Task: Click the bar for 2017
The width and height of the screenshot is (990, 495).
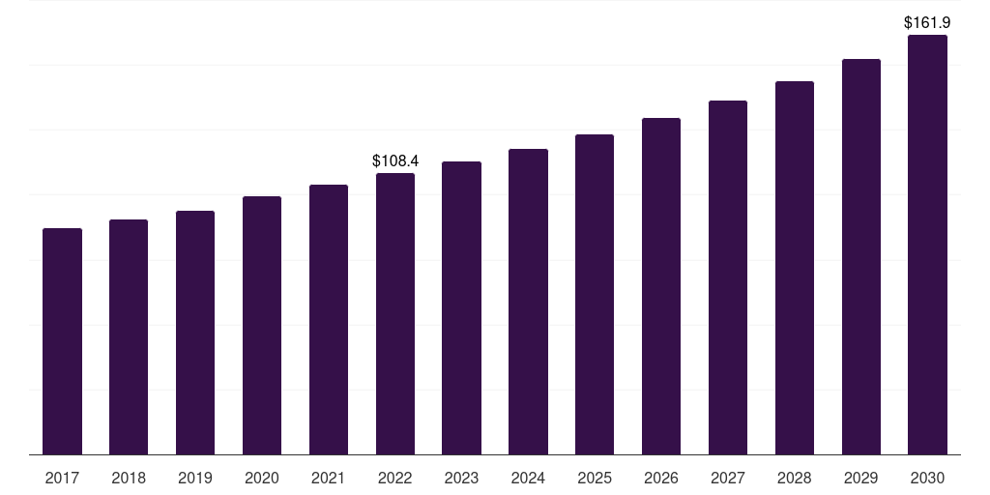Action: (x=62, y=341)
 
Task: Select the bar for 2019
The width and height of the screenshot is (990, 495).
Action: (x=195, y=333)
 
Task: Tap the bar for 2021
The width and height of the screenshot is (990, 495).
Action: (x=329, y=319)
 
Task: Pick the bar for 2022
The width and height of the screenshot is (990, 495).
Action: (x=395, y=314)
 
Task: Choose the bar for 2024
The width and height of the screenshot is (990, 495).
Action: (x=529, y=302)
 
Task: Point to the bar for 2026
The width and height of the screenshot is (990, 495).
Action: (x=661, y=286)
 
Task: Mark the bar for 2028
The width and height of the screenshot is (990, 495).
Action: (x=795, y=268)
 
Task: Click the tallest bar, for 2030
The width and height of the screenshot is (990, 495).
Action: (x=927, y=245)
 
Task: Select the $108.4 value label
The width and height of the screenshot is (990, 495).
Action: (x=395, y=161)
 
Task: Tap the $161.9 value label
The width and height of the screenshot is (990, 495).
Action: (x=927, y=23)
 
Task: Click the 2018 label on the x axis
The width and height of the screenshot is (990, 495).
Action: (x=129, y=478)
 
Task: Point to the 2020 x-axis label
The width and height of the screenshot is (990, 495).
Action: (x=262, y=478)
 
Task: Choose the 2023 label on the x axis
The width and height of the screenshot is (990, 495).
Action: (x=461, y=478)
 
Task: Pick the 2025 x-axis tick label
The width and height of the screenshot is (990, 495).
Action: (x=595, y=478)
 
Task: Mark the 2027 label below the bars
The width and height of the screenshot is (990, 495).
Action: (x=728, y=478)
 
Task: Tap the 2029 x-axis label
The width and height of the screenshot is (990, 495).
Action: (x=861, y=478)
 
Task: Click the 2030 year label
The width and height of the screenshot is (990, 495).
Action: (x=927, y=478)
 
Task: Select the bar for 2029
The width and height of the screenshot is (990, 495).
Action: (x=861, y=257)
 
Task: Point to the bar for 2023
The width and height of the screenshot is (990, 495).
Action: (x=461, y=308)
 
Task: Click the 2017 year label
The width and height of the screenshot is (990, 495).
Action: (x=62, y=478)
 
